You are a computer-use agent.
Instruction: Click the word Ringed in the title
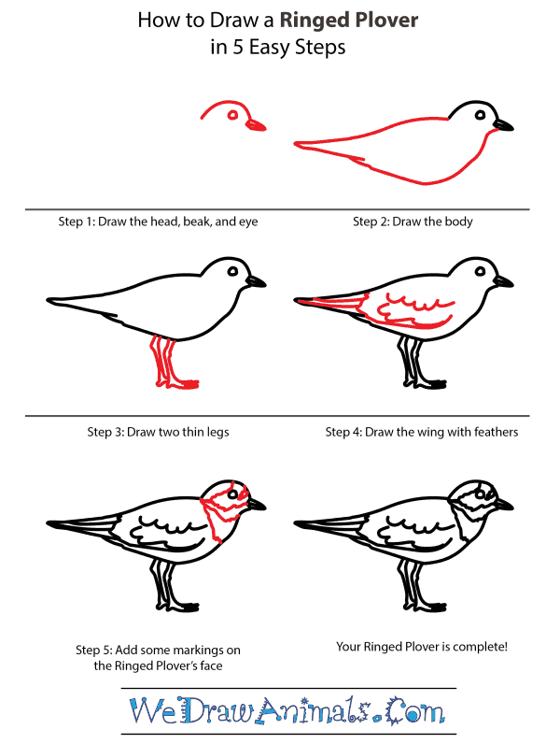(316, 21)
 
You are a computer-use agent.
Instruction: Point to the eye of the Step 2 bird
(480, 115)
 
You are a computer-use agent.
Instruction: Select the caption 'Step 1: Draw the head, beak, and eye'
(157, 222)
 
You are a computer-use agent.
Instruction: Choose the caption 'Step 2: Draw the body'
(413, 222)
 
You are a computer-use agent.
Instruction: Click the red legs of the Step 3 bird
(168, 364)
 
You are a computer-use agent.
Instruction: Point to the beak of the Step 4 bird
(504, 280)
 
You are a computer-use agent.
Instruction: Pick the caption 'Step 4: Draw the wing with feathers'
(421, 432)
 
